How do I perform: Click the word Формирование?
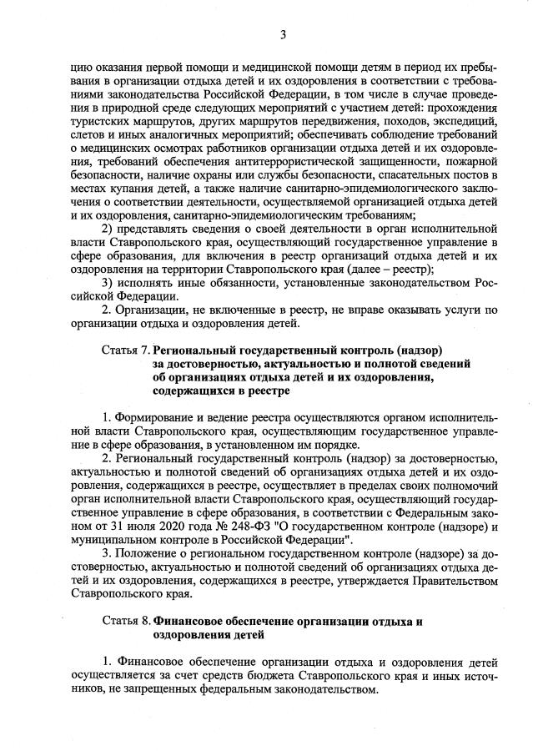pyautogui.click(x=155, y=415)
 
